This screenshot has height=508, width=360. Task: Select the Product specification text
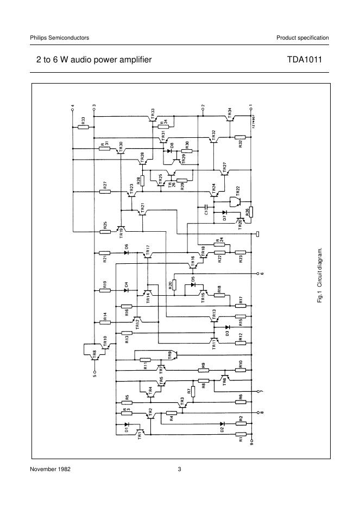pyautogui.click(x=302, y=37)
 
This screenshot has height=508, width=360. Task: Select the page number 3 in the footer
pyautogui.click(x=179, y=469)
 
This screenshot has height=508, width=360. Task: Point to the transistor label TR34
pyautogui.click(x=230, y=112)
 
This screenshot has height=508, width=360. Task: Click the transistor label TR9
pyautogui.click(x=170, y=355)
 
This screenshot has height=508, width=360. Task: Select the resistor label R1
pyautogui.click(x=241, y=440)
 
